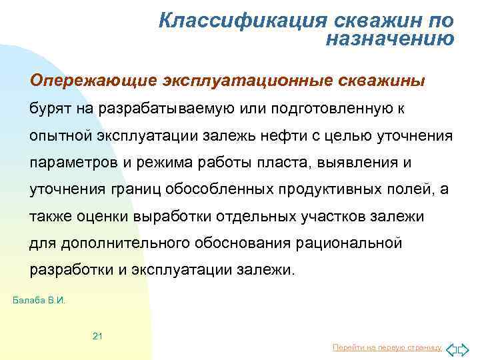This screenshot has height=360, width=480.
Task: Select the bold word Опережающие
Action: click(x=91, y=81)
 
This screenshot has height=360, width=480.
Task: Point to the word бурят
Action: click(x=49, y=109)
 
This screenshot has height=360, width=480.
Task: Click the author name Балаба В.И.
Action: click(x=39, y=301)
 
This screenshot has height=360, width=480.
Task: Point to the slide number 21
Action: click(x=97, y=335)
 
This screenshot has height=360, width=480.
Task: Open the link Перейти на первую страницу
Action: click(x=386, y=348)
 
